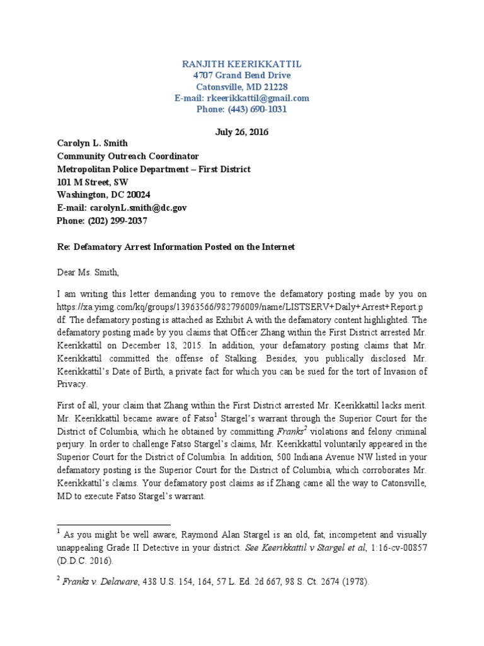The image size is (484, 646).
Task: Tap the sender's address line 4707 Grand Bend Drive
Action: tap(241, 76)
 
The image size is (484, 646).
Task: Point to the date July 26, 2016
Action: tap(241, 132)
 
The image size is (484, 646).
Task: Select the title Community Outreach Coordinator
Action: tap(128, 156)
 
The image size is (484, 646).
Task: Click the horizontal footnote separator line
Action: tap(113, 524)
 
